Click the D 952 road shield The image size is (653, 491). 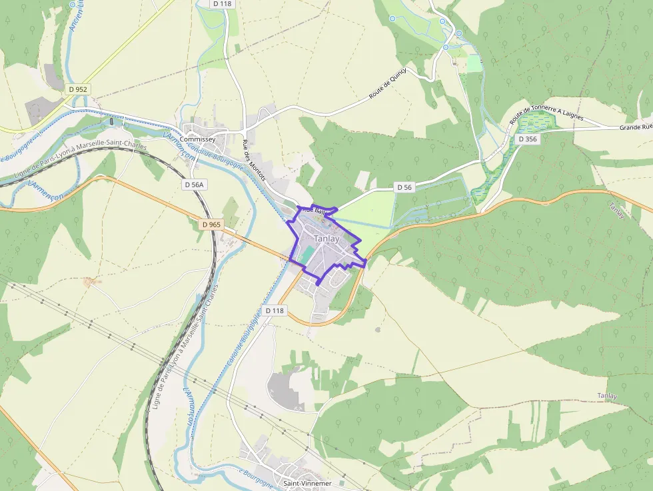(77, 89)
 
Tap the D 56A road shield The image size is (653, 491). (195, 185)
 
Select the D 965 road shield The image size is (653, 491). (210, 225)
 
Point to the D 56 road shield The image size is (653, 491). (404, 187)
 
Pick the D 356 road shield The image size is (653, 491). (526, 139)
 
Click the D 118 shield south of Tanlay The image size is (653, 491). (275, 310)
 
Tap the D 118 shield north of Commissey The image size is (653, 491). (223, 3)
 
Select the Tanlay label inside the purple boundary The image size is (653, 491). (326, 239)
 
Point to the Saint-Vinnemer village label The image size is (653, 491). (307, 483)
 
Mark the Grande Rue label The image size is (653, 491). (635, 127)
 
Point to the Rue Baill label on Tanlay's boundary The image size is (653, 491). (313, 210)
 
